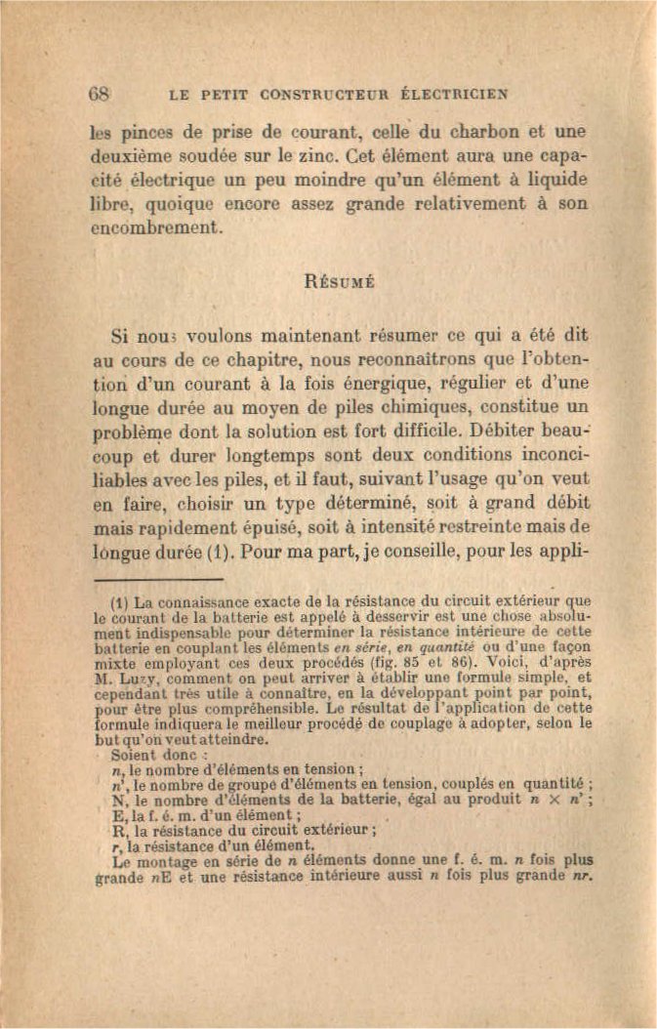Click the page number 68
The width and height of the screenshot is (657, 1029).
click(x=100, y=95)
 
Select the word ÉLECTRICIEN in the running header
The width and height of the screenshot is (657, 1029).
click(x=454, y=96)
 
